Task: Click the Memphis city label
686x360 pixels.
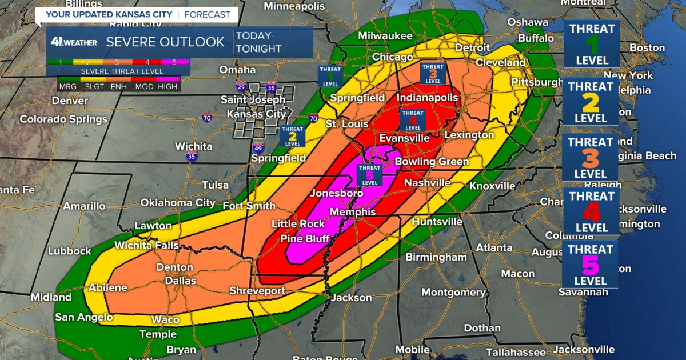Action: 352,212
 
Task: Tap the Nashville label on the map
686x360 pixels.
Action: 427,183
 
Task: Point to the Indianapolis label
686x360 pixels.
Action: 427,98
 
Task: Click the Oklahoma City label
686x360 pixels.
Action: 178,203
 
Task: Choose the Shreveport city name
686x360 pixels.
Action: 257,291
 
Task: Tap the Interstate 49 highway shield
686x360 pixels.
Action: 258,148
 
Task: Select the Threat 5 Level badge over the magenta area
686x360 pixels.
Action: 369,175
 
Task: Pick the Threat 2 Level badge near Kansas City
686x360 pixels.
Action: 292,137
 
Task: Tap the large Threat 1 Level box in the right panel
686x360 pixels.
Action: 591,44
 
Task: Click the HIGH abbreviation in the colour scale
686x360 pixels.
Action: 167,87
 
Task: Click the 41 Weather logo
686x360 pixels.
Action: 73,42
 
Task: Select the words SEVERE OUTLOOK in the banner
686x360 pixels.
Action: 165,42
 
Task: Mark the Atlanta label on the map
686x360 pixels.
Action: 494,247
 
